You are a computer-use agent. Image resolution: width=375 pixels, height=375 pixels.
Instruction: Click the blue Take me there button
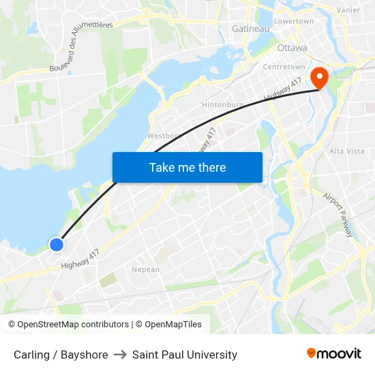pyautogui.click(x=187, y=167)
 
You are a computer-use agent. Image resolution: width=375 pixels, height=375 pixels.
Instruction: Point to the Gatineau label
pyautogui.click(x=251, y=29)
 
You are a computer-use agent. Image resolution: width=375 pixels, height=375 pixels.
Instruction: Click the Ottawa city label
pyautogui.click(x=292, y=48)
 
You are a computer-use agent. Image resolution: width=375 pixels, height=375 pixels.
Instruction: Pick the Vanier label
pyautogui.click(x=348, y=10)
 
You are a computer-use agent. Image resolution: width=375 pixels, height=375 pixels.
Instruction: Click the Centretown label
pyautogui.click(x=284, y=67)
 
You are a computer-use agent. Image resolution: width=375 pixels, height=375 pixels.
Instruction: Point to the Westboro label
pyautogui.click(x=163, y=136)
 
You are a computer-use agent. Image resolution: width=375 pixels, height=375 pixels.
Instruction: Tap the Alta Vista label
pyautogui.click(x=347, y=151)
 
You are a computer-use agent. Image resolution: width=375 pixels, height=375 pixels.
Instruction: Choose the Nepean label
pyautogui.click(x=145, y=269)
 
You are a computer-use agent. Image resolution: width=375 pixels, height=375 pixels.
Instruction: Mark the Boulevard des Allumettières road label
pyautogui.click(x=80, y=46)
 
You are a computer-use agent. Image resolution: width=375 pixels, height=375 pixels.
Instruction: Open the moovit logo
pyautogui.click(x=334, y=354)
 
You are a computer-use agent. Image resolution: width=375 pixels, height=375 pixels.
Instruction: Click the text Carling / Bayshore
pyautogui.click(x=61, y=355)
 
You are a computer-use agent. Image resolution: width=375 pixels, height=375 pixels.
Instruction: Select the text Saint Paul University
pyautogui.click(x=185, y=355)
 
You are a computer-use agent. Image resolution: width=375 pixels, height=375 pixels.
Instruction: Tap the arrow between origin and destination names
pyautogui.click(x=120, y=355)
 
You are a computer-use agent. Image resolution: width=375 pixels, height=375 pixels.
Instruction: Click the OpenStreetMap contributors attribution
pyautogui.click(x=73, y=325)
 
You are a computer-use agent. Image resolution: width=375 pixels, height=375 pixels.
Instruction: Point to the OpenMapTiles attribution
pyautogui.click(x=173, y=325)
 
